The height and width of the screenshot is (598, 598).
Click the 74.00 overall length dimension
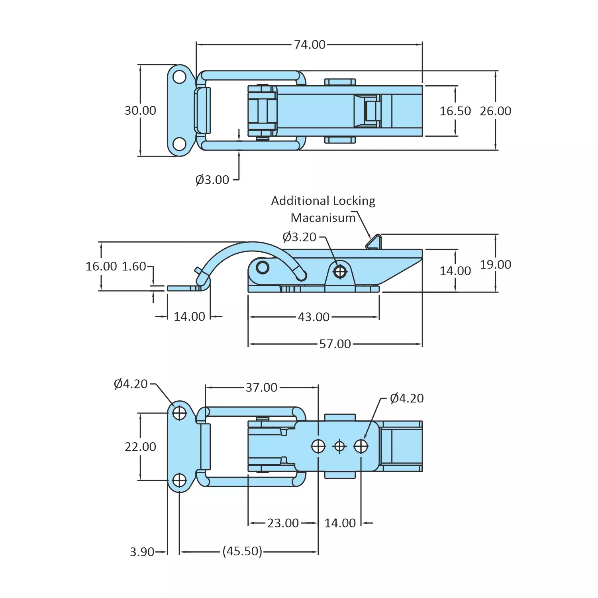point(310,45)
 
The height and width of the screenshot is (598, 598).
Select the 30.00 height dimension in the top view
point(140,110)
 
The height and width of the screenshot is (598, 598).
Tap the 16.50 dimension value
point(455,111)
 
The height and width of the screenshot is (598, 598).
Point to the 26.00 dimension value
point(495,111)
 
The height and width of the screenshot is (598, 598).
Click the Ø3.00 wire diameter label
point(212,180)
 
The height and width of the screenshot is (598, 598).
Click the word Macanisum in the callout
point(323,218)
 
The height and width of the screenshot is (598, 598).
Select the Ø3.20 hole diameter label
point(299,237)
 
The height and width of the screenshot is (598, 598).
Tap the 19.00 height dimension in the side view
point(495,265)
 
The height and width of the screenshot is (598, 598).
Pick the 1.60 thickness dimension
point(134,266)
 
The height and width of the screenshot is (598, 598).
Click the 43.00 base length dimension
point(314,317)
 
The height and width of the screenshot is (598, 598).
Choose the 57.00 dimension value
point(335,344)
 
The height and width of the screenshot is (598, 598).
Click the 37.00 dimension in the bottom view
point(261,387)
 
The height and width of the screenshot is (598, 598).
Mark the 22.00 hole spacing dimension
point(140,447)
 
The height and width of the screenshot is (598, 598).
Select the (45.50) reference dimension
point(242,551)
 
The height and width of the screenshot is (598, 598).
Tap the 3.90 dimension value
point(142,552)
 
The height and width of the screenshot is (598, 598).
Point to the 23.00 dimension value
point(283,523)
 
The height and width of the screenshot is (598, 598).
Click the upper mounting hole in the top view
point(180,77)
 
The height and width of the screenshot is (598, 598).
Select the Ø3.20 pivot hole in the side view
point(340,272)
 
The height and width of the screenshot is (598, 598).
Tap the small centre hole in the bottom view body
point(339,446)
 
